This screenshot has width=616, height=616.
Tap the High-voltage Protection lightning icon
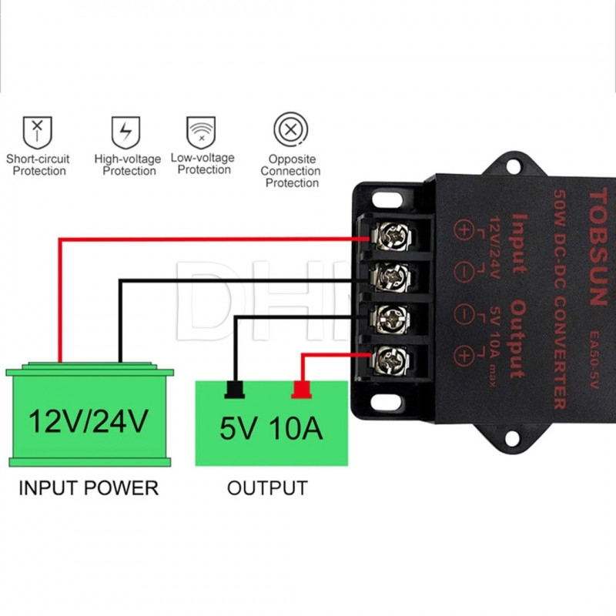click(126, 132)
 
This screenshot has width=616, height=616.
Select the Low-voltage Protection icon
click(200, 132)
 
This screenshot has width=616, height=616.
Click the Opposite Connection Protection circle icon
click(290, 129)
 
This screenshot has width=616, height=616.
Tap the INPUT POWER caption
click(88, 487)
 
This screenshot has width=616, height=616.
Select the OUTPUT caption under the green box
click(267, 487)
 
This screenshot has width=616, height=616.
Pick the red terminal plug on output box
click(300, 390)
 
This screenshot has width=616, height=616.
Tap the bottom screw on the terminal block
click(390, 358)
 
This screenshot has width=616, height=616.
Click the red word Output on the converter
click(517, 339)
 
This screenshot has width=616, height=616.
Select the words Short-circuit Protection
click(38, 165)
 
